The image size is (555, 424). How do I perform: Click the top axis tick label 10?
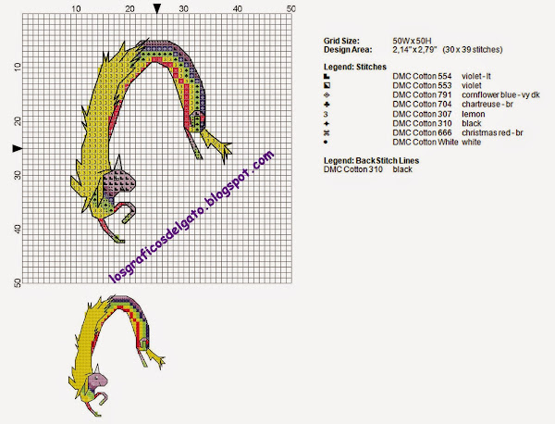(76, 9)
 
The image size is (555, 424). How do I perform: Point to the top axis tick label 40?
(238, 9)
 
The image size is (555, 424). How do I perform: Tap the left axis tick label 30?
(18, 175)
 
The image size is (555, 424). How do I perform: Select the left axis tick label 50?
(18, 282)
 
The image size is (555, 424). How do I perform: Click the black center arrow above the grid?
(157, 9)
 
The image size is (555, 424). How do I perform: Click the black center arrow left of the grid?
(18, 148)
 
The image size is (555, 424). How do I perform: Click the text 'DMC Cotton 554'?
(422, 76)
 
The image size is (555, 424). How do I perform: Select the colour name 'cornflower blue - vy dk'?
(500, 95)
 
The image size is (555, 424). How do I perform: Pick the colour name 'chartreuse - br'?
(487, 104)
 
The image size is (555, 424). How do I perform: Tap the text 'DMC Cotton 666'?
(422, 132)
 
